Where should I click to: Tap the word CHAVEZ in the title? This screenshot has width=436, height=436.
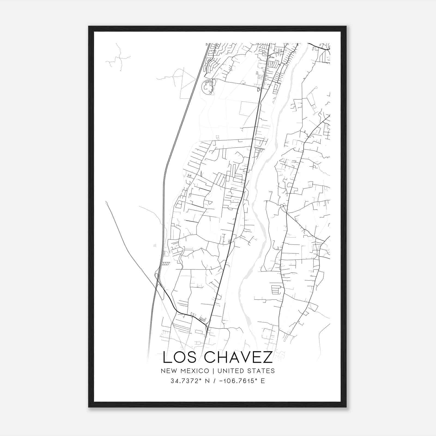click(x=238, y=358)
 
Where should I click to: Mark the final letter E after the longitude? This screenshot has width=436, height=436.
click(x=263, y=381)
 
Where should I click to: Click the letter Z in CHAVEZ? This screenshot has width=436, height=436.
click(x=268, y=358)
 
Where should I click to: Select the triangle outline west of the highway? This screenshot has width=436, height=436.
click(x=187, y=82)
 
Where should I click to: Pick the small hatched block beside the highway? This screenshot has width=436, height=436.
click(x=166, y=264)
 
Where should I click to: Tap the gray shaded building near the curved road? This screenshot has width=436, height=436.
click(x=202, y=319)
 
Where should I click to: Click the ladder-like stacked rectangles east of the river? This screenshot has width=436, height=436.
click(x=276, y=289)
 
